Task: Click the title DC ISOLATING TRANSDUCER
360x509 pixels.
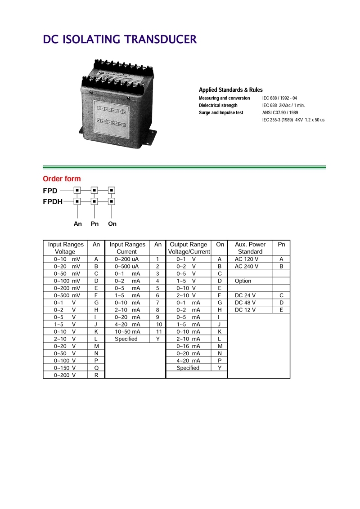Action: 120,40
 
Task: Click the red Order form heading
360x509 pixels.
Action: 62,179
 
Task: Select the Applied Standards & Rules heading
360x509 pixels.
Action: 230,90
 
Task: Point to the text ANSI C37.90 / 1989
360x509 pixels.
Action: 280,112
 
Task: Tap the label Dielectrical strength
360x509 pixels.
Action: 218,105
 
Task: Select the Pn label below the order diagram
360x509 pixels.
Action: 94,223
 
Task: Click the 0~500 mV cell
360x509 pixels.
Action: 67,295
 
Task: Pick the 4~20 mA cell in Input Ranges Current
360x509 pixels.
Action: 127,324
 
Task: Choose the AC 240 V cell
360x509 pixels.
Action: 247,267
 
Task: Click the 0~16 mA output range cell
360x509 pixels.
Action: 188,346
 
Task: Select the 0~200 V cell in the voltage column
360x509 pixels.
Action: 65,375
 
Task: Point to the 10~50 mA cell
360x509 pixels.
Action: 127,331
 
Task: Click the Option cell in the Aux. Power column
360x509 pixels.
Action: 243,281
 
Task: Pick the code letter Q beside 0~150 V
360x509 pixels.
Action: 96,367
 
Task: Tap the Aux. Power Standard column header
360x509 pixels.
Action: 250,248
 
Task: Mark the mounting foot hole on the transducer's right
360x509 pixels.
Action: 153,133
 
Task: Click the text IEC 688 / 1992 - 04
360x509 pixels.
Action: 279,98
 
